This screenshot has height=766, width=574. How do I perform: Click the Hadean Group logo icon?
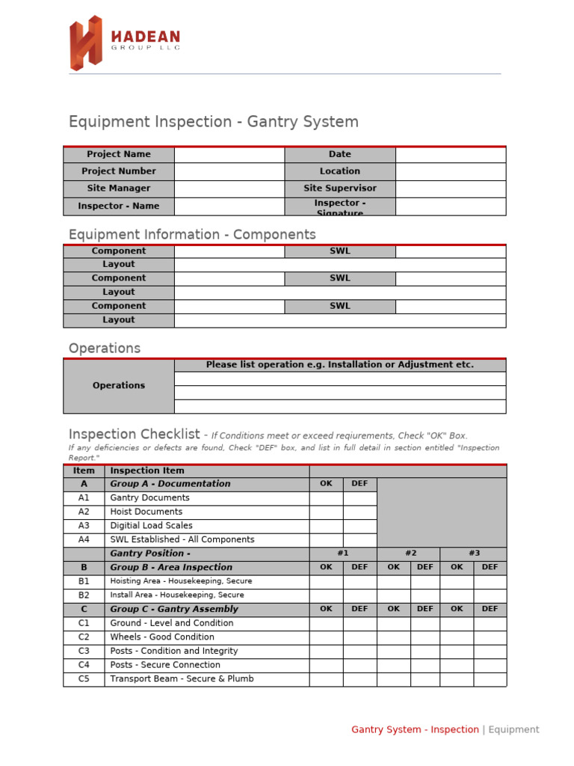[85, 43]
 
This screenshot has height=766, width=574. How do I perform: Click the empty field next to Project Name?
[229, 155]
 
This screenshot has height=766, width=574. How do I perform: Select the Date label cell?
[339, 155]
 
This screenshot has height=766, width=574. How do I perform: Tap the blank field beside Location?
[451, 171]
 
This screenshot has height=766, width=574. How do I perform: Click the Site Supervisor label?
[339, 189]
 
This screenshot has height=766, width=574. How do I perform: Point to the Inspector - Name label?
[119, 206]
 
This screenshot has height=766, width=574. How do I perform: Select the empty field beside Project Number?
[229, 171]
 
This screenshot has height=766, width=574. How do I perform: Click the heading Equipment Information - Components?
[192, 235]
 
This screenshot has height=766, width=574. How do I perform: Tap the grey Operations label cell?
[119, 386]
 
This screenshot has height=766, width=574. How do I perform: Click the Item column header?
[84, 471]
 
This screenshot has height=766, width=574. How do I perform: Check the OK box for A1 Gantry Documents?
[326, 498]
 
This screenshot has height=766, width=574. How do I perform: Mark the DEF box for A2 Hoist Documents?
[359, 512]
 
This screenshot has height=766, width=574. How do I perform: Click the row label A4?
[84, 540]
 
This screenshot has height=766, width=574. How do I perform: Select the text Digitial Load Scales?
[151, 526]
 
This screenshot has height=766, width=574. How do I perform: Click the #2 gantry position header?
[410, 554]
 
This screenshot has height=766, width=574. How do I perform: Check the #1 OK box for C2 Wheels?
[326, 637]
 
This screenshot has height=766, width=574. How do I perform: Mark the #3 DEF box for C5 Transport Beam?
[490, 679]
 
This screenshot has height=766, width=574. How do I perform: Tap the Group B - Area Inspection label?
[171, 568]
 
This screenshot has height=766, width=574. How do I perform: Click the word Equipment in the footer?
[513, 730]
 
